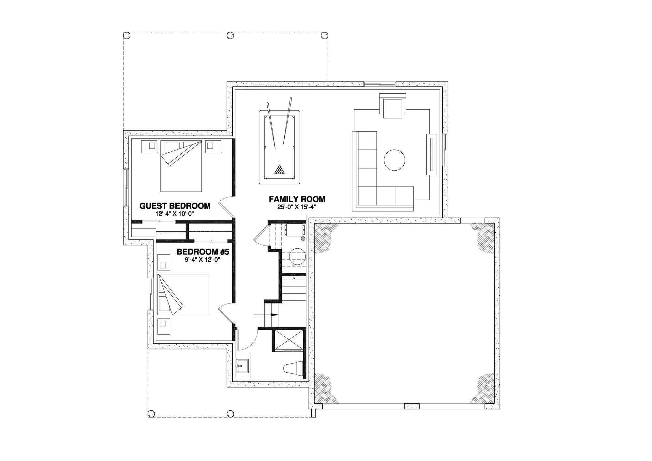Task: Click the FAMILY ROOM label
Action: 297,199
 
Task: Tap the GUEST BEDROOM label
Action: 175,206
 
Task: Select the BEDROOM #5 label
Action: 203,252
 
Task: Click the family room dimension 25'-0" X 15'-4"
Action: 297,207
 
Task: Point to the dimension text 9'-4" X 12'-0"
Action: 203,260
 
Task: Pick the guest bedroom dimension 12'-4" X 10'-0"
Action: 175,214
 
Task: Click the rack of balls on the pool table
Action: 279,170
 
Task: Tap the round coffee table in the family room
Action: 394,160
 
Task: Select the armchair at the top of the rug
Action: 393,106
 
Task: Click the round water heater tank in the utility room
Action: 297,256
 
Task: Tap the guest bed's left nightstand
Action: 149,146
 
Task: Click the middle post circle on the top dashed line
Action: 230,35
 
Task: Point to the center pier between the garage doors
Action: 411,406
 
